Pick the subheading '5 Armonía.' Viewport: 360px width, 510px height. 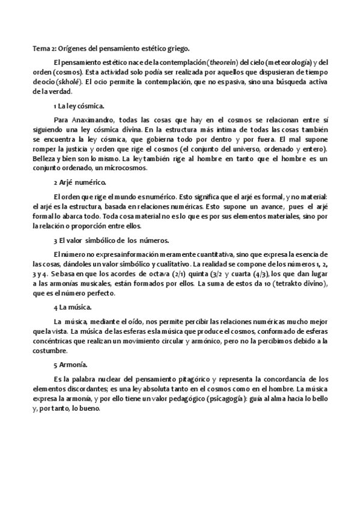(x=70, y=364)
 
